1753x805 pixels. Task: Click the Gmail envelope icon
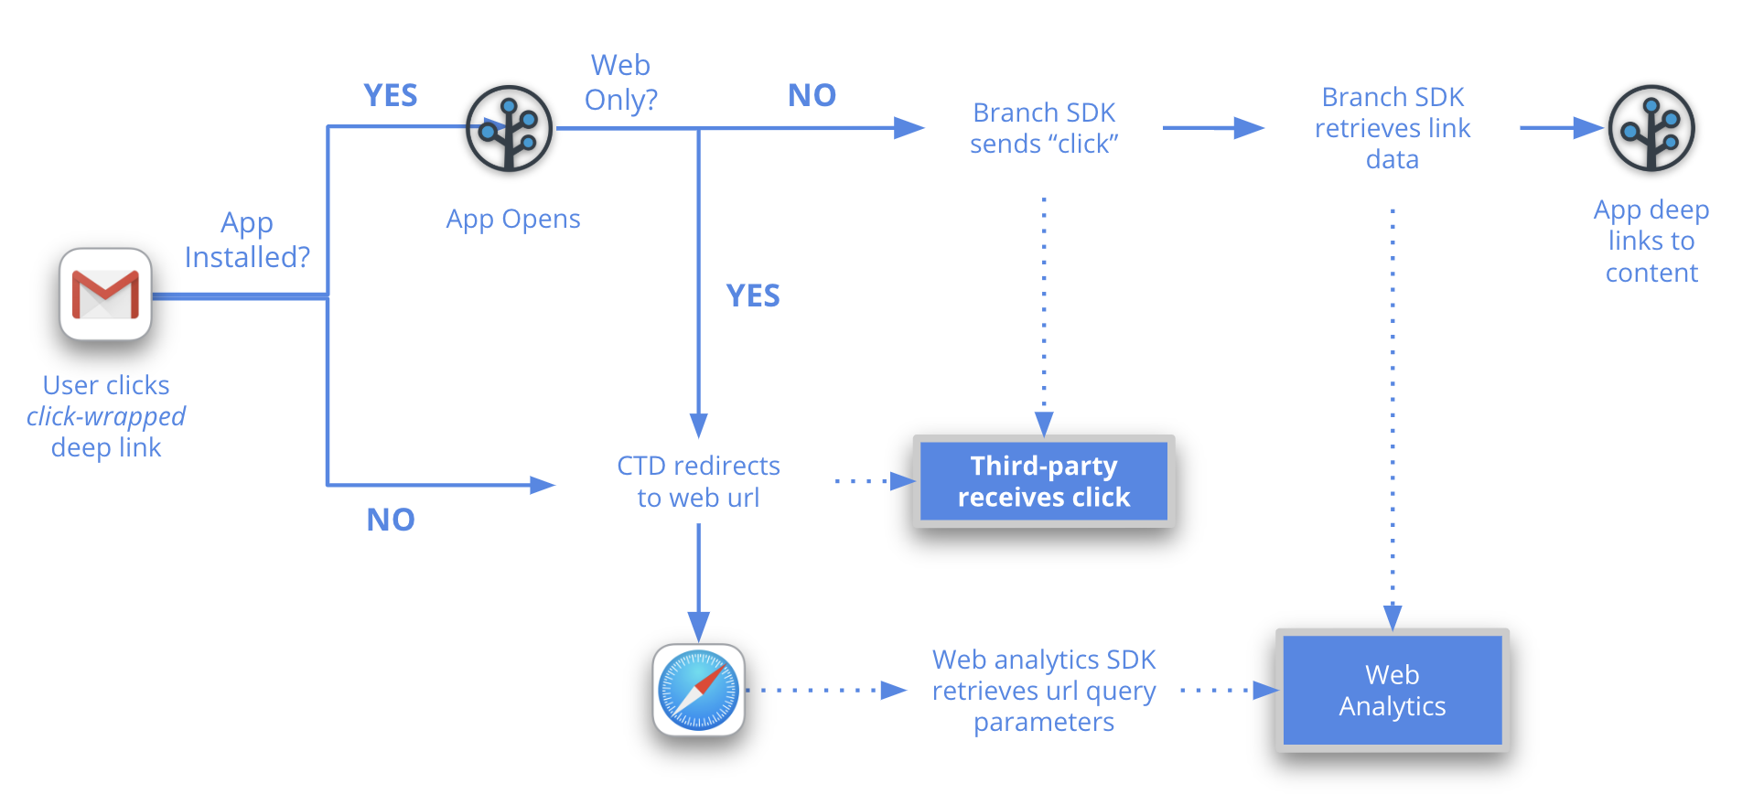point(105,295)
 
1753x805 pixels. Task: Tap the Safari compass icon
point(698,690)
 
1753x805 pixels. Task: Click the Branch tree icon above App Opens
point(509,129)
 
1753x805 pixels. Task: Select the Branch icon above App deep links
point(1651,129)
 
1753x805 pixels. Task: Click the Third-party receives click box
point(1044,481)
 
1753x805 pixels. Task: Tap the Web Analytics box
point(1392,690)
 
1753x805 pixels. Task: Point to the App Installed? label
point(247,240)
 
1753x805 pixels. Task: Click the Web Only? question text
point(620,82)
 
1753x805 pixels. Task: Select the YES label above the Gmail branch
point(391,95)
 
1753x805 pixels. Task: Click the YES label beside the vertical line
point(753,295)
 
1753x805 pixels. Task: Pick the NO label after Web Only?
point(812,95)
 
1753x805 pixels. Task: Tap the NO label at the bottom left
point(391,520)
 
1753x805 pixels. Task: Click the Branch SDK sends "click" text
point(1044,128)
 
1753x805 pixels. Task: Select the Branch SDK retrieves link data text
point(1392,128)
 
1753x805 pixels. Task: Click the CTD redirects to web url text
point(698,481)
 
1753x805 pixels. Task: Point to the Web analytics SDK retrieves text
point(1044,691)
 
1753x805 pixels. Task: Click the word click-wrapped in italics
point(106,416)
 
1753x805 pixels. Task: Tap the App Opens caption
point(513,219)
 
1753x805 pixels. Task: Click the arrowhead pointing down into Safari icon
point(698,628)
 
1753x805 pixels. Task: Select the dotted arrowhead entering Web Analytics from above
point(1393,617)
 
